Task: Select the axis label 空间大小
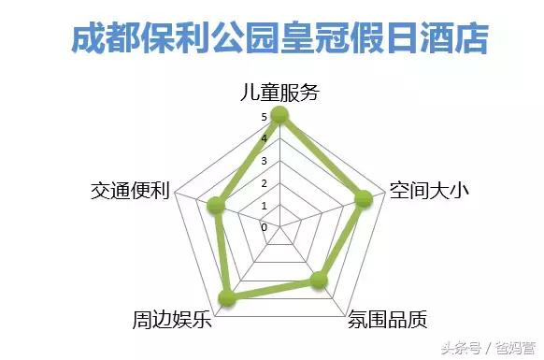pos(428,190)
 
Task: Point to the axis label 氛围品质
pos(387,318)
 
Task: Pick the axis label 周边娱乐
pos(172,319)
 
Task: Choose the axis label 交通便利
pos(129,190)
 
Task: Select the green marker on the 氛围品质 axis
pos(320,279)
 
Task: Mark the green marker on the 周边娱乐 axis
pos(226,298)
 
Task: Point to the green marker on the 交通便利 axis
pos(218,205)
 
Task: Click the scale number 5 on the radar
pos(265,118)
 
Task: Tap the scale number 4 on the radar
pos(265,139)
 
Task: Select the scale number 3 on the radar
pos(265,161)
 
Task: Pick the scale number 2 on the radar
pos(265,183)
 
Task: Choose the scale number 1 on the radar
pos(265,205)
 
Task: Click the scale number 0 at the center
pos(265,226)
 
